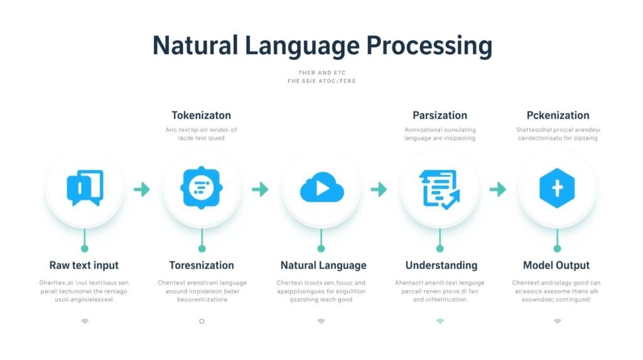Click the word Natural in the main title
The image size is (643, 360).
click(x=193, y=46)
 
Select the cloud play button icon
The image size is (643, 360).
click(x=321, y=188)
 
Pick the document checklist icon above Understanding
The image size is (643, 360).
click(x=440, y=188)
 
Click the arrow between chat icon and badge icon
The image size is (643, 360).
click(x=143, y=189)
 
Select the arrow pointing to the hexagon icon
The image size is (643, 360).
click(x=498, y=189)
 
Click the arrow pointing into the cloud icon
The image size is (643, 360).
click(x=261, y=189)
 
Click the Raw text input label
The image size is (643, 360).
click(x=84, y=265)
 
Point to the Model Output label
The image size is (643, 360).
click(x=556, y=265)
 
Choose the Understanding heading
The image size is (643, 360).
click(x=441, y=265)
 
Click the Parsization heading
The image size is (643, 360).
click(x=440, y=116)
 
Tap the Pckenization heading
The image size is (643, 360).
click(x=558, y=116)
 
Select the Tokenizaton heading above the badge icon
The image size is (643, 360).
click(x=201, y=116)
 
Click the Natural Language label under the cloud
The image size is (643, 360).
click(x=323, y=265)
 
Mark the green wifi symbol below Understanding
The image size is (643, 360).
click(x=440, y=321)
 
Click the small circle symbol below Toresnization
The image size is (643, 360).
click(x=202, y=321)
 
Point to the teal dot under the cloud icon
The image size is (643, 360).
click(x=321, y=249)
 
